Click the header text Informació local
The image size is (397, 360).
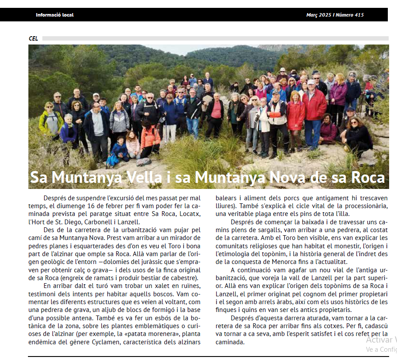55,15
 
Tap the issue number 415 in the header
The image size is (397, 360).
359,15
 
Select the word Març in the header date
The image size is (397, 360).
312,15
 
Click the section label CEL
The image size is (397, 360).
33,38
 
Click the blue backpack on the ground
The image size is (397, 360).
112,160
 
